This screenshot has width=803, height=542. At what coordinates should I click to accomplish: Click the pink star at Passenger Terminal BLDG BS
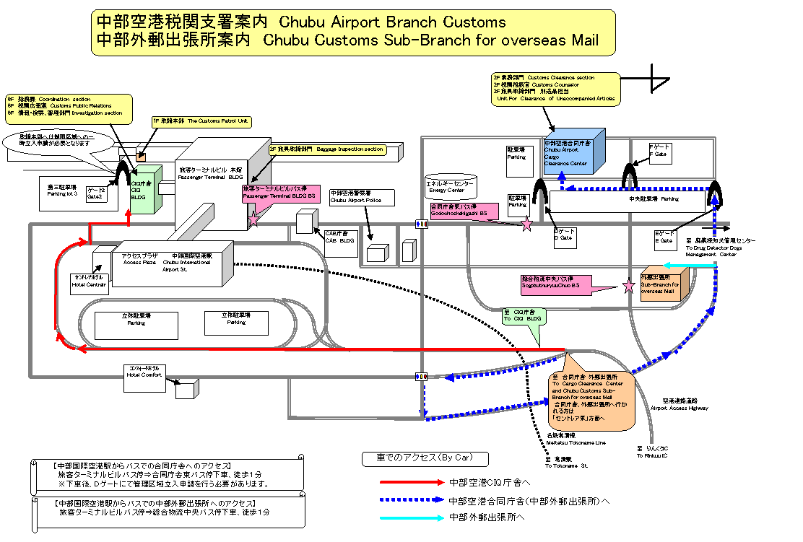tap(253, 219)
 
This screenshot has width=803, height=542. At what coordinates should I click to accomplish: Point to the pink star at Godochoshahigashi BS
tap(526, 224)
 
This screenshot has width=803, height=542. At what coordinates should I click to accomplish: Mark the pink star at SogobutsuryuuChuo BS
tap(628, 287)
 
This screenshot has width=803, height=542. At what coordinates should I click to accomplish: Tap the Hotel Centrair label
tap(89, 280)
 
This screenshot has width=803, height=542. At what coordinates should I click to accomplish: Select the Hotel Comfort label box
tap(144, 372)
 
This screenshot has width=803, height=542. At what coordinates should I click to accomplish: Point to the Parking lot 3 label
tap(62, 190)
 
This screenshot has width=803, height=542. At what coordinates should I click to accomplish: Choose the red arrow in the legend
tap(412, 481)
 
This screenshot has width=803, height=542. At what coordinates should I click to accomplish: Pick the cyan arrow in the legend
tap(412, 517)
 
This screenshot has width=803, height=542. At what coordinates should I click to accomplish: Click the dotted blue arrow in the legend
tap(412, 499)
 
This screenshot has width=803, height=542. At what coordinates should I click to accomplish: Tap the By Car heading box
tap(425, 458)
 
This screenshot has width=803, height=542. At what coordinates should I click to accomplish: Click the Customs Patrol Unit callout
tap(201, 121)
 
